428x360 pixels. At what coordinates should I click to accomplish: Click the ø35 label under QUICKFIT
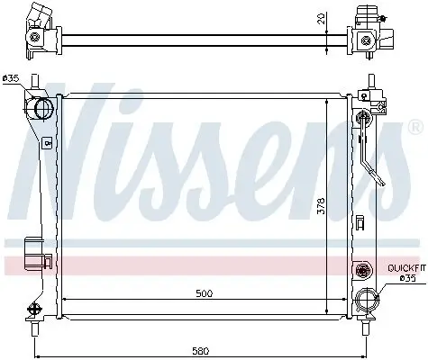tap(406, 279)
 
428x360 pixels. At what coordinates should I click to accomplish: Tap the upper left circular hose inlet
tap(41, 109)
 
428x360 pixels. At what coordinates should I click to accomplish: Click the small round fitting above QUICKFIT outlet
tap(363, 269)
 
